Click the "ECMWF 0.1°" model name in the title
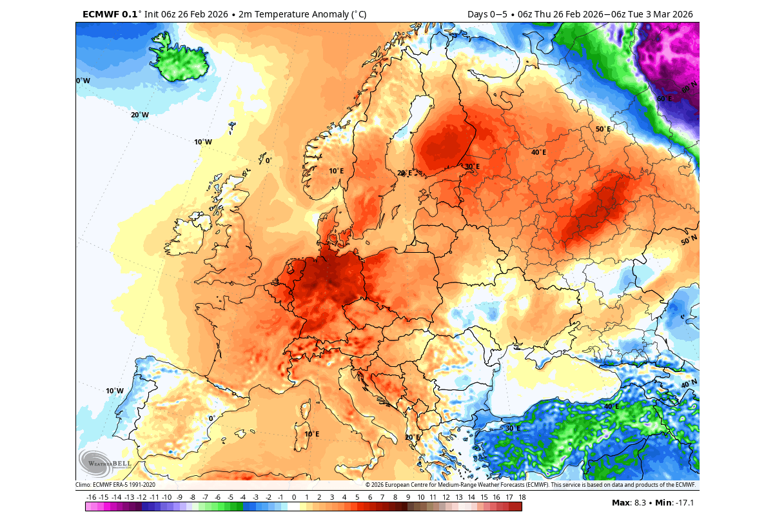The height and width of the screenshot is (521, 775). (112, 14)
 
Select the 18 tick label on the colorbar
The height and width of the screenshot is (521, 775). (522, 497)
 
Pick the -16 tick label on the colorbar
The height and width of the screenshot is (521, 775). (91, 497)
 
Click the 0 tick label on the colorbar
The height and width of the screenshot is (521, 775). (294, 497)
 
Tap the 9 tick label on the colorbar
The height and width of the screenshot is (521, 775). (408, 497)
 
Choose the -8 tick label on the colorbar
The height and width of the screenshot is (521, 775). (192, 497)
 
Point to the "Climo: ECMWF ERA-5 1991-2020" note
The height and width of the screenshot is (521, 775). (115, 485)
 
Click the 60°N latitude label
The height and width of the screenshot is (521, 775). (689, 87)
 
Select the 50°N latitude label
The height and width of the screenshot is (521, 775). (689, 241)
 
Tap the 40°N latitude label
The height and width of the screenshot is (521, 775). (689, 384)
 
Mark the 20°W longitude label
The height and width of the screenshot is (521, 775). (140, 115)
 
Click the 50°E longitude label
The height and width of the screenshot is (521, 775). (603, 129)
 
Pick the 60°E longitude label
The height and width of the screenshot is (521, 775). (664, 99)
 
